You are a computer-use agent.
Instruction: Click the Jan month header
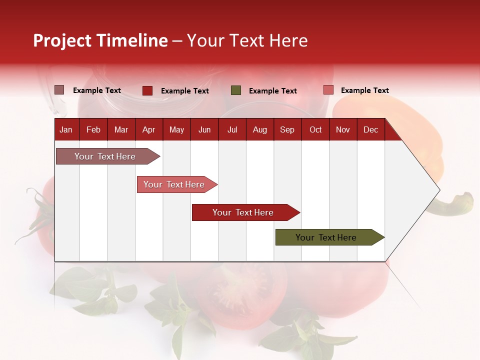click(x=66, y=130)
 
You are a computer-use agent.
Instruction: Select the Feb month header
click(x=93, y=130)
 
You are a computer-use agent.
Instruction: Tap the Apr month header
click(x=148, y=130)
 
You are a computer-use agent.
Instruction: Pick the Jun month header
click(x=204, y=130)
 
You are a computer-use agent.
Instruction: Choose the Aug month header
click(x=259, y=130)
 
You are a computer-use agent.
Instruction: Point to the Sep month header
click(x=287, y=130)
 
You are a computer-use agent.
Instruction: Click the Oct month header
click(x=315, y=130)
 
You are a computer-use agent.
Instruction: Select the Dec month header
click(x=370, y=130)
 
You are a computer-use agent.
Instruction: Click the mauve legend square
click(x=59, y=90)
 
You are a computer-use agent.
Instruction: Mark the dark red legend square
click(x=147, y=90)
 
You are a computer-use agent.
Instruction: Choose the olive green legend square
click(x=236, y=90)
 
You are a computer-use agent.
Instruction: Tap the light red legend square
click(x=328, y=90)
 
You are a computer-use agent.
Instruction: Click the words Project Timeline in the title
click(x=100, y=40)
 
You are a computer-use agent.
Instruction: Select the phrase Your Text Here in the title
click(x=247, y=40)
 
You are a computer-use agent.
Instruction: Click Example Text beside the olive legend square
click(x=272, y=91)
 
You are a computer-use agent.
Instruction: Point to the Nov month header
click(x=343, y=130)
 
